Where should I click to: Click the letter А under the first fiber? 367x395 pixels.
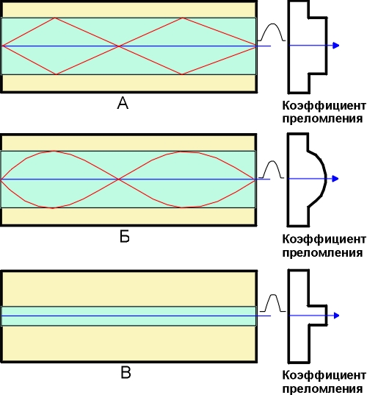(123, 103)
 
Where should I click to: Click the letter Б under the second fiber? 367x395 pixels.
(125, 237)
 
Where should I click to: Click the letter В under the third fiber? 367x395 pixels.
(126, 373)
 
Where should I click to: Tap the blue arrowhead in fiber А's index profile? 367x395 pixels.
(336, 46)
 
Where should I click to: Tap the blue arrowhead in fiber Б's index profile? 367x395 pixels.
(335, 179)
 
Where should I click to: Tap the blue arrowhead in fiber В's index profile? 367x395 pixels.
(336, 316)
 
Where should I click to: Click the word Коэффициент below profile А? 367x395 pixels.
(324, 106)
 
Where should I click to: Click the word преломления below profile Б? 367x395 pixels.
(322, 252)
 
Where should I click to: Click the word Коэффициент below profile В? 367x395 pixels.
(324, 375)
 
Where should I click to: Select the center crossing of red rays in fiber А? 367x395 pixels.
(118, 46)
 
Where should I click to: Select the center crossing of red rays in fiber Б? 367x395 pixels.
(118, 179)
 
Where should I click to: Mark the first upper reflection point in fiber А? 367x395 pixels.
(55, 18)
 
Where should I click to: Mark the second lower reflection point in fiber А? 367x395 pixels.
(182, 74)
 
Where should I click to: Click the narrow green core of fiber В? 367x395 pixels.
(128, 316)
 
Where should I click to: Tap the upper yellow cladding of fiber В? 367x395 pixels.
(129, 289)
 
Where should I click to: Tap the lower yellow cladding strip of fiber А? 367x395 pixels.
(129, 82)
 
